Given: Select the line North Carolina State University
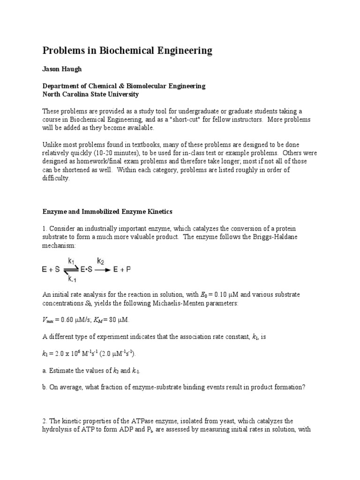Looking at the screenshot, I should tap(90, 94).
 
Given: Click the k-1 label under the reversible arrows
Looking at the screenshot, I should tap(71, 279).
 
